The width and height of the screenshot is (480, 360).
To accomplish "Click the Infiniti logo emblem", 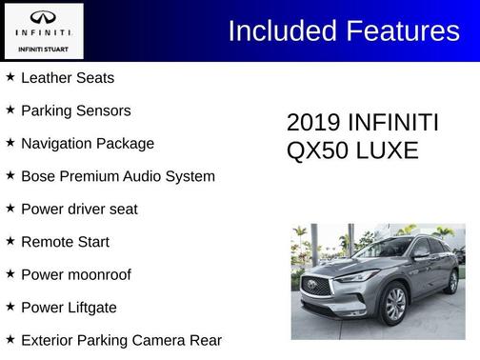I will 43,18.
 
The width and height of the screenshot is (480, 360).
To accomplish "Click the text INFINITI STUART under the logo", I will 43,47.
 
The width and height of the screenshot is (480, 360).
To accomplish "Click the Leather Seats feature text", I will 68,78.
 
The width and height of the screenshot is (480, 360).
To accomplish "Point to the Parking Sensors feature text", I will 76,110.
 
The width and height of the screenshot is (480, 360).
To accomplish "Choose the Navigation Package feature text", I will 88,144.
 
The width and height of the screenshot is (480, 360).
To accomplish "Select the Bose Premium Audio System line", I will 118,176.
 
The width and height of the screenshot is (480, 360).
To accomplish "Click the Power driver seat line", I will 79,209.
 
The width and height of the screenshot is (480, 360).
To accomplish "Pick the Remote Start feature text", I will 65,242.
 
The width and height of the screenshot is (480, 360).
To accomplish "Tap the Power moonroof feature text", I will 76,274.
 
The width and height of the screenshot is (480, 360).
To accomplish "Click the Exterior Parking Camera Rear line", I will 121,340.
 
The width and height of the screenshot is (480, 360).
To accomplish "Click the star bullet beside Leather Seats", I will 10,77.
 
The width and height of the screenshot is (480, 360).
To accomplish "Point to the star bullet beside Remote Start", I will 10,241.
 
